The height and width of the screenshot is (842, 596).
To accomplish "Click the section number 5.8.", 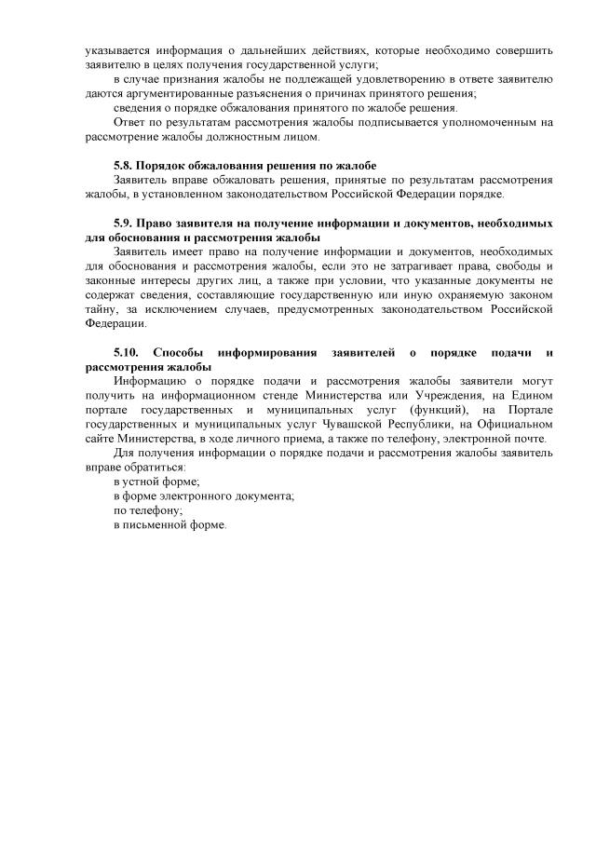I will coord(124,165).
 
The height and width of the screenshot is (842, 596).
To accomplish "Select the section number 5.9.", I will coord(124,224).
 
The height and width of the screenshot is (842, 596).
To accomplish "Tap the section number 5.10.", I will coord(126,353).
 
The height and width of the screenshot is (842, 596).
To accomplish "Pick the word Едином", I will coord(534,395).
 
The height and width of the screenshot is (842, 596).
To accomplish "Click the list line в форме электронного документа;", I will coord(204,496).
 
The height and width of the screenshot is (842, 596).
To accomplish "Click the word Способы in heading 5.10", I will coord(178,353).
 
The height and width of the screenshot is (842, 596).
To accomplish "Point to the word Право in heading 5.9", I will coord(154,224).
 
